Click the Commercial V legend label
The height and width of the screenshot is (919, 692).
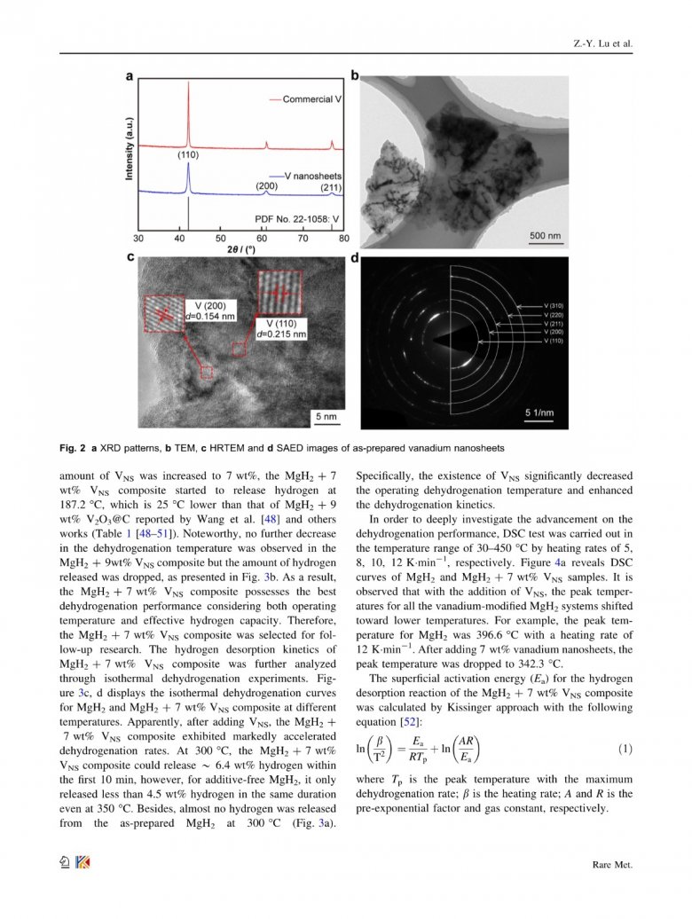tap(311, 99)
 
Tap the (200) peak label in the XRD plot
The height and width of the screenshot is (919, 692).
tap(267, 186)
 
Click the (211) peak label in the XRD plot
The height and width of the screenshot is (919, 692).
tap(331, 187)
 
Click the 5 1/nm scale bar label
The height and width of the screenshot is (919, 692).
tap(550, 413)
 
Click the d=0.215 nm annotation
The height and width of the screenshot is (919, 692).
tap(282, 334)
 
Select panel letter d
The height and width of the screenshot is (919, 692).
tap(355, 259)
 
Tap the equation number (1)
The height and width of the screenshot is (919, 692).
tap(625, 750)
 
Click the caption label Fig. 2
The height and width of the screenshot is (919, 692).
tap(72, 448)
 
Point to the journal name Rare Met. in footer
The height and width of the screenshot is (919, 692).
tap(612, 864)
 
